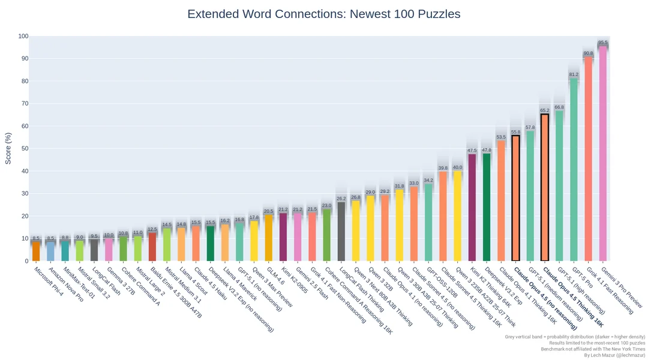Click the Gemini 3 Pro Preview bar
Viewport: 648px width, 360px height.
603,154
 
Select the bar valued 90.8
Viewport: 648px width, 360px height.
589,159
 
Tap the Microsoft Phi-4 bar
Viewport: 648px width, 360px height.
36,251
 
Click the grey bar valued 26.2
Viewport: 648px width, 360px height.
341,231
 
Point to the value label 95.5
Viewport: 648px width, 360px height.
603,43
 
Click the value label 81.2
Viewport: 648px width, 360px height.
574,75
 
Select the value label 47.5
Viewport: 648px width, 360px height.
472,151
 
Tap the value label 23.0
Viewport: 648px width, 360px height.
326,206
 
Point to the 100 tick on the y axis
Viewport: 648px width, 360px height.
23,37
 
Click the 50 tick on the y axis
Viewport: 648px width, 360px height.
23,149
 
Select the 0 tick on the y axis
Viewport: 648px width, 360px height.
26,261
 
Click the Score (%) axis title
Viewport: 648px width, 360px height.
8,148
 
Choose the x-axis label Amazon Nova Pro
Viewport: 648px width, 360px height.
66,286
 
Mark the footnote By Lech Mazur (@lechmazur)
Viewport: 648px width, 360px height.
615,355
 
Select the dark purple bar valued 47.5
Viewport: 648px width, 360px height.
472,208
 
